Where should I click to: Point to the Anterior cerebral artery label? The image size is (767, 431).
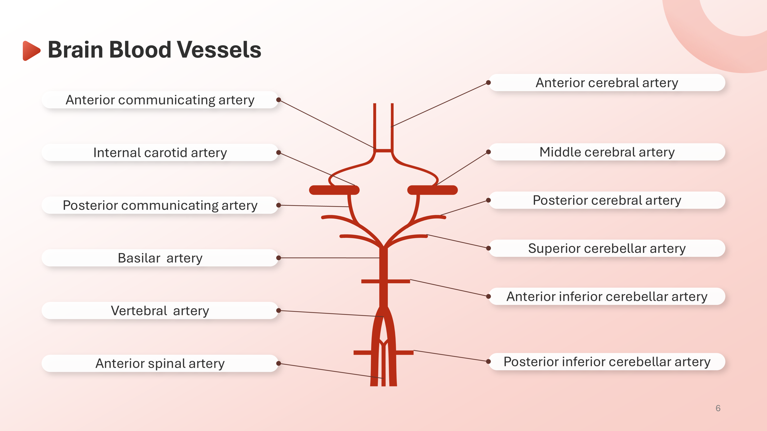pyautogui.click(x=607, y=83)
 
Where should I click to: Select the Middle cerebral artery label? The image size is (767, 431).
pyautogui.click(x=607, y=152)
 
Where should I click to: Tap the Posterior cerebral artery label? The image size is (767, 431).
pyautogui.click(x=607, y=200)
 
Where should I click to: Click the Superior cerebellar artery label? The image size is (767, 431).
pyautogui.click(x=607, y=248)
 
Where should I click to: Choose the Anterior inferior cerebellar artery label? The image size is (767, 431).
pyautogui.click(x=607, y=297)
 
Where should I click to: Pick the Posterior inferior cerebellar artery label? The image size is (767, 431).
pyautogui.click(x=607, y=362)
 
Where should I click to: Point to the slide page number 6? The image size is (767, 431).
pyautogui.click(x=718, y=408)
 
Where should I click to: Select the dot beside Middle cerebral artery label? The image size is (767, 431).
pyautogui.click(x=488, y=152)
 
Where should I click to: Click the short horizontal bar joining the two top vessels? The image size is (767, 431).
pyautogui.click(x=384, y=150)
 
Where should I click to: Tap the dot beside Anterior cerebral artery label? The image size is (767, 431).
pyautogui.click(x=488, y=83)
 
